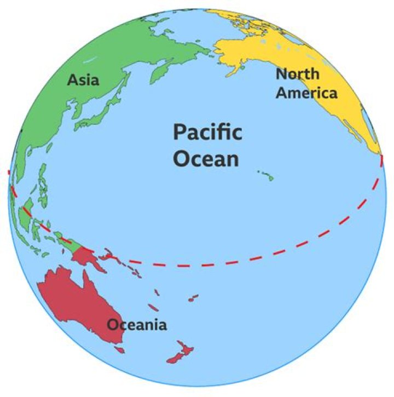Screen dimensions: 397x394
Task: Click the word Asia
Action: coord(83,80)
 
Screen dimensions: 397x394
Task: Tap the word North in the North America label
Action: coord(297,74)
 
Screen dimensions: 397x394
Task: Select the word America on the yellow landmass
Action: coord(306,93)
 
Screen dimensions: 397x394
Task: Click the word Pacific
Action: coord(207,133)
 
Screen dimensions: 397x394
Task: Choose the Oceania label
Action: coord(137,325)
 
